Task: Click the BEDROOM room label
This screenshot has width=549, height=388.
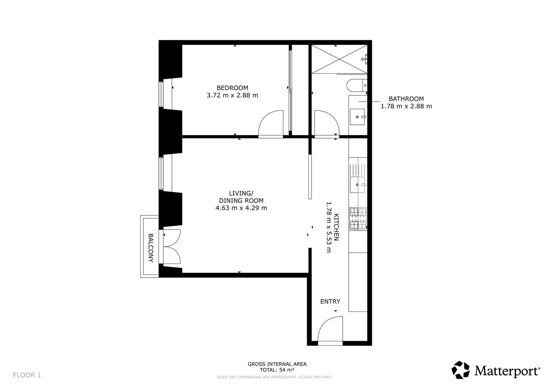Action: pyautogui.click(x=232, y=88)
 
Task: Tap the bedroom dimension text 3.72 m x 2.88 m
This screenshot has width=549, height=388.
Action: pyautogui.click(x=232, y=95)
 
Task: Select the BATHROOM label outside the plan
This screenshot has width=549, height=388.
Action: pyautogui.click(x=406, y=99)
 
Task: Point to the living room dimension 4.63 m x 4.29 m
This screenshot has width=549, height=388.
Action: pyautogui.click(x=241, y=208)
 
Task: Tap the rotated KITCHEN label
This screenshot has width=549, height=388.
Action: pyautogui.click(x=336, y=227)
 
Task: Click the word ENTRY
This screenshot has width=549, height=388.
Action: pyautogui.click(x=330, y=302)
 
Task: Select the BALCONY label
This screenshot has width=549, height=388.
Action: pyautogui.click(x=150, y=248)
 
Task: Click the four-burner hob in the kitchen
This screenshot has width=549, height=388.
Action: pyautogui.click(x=358, y=219)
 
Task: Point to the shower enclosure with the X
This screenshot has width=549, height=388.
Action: pyautogui.click(x=339, y=59)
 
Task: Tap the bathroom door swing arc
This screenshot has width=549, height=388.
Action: pyautogui.click(x=326, y=124)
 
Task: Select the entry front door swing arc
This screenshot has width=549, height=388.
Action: pyautogui.click(x=330, y=329)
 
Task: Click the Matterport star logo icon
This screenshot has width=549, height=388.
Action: pyautogui.click(x=460, y=370)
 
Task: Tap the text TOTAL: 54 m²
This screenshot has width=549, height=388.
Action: pyautogui.click(x=277, y=370)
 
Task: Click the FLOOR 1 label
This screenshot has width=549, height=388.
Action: pyautogui.click(x=27, y=375)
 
